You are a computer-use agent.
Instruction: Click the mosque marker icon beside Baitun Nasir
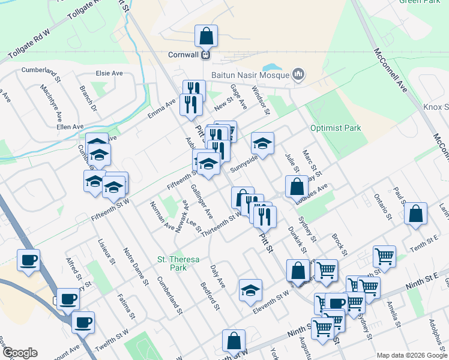(x=298, y=75)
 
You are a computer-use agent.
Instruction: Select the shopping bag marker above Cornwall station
(x=206, y=37)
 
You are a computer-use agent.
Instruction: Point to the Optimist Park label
(x=336, y=128)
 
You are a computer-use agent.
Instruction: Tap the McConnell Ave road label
(x=391, y=71)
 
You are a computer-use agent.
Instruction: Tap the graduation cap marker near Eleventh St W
(x=250, y=291)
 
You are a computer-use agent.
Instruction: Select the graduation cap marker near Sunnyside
(x=262, y=144)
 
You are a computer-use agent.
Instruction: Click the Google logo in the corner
(x=20, y=353)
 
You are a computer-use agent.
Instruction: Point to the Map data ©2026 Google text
(x=411, y=355)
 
